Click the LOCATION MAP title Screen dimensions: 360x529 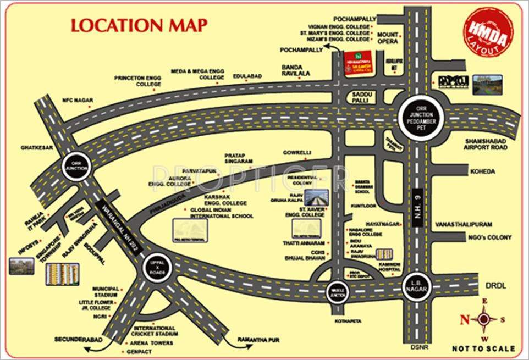[x=139, y=25]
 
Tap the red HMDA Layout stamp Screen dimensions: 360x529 [x=489, y=32]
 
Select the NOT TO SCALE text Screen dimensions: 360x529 [x=483, y=348]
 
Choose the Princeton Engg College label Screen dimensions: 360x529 [x=138, y=81]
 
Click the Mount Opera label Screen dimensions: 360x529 [x=388, y=38]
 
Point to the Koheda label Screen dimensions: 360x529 [x=482, y=171]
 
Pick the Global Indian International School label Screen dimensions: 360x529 [x=221, y=213]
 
